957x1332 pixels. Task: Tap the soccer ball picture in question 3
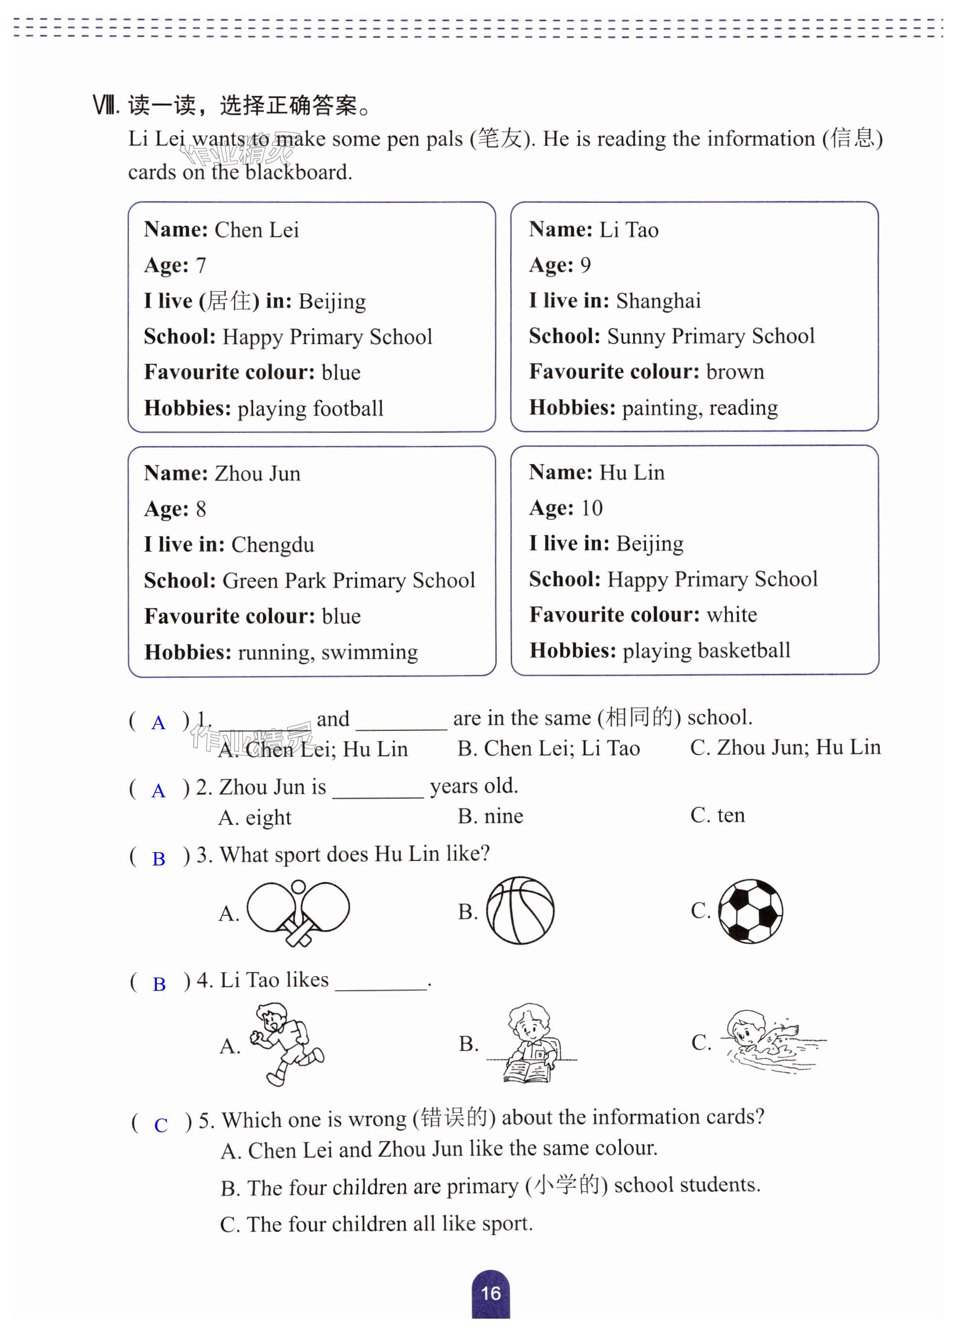tap(750, 911)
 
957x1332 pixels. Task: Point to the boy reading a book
tap(530, 1043)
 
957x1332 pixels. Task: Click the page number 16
tap(490, 1293)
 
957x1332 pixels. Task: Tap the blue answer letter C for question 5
tap(160, 1125)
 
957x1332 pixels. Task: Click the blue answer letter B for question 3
tap(159, 859)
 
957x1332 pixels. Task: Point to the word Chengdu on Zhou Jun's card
tap(273, 545)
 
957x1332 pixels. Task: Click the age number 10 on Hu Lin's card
tap(592, 508)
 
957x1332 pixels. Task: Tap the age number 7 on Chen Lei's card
tap(201, 266)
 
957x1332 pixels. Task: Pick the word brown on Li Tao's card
tap(735, 372)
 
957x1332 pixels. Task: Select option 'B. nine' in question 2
tap(490, 816)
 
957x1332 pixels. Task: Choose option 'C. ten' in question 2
tap(718, 815)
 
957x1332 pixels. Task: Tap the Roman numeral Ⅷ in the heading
tap(106, 106)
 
